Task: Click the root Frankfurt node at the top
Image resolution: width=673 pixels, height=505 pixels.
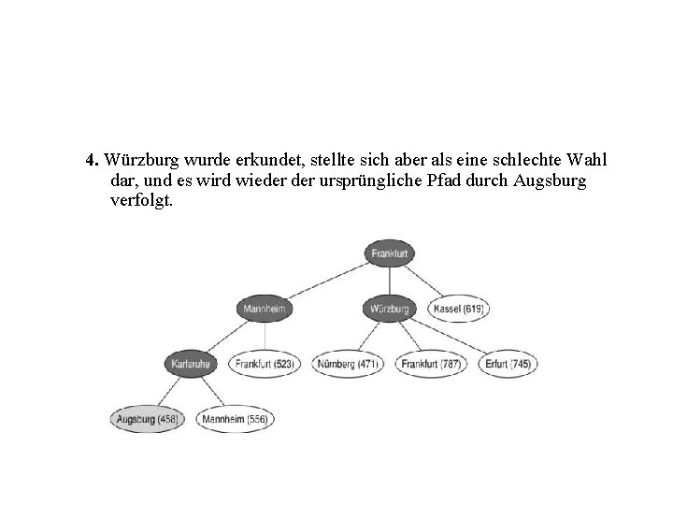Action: click(x=391, y=253)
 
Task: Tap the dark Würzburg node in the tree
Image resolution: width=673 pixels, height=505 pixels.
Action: click(x=390, y=308)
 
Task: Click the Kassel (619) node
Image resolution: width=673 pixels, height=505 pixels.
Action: click(x=459, y=308)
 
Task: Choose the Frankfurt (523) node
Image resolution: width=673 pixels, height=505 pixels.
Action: click(x=265, y=363)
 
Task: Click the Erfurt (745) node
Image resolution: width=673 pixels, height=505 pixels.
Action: click(x=508, y=363)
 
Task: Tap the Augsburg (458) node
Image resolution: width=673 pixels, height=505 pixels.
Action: click(x=147, y=419)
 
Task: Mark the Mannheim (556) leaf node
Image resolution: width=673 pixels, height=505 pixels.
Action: click(x=234, y=419)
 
